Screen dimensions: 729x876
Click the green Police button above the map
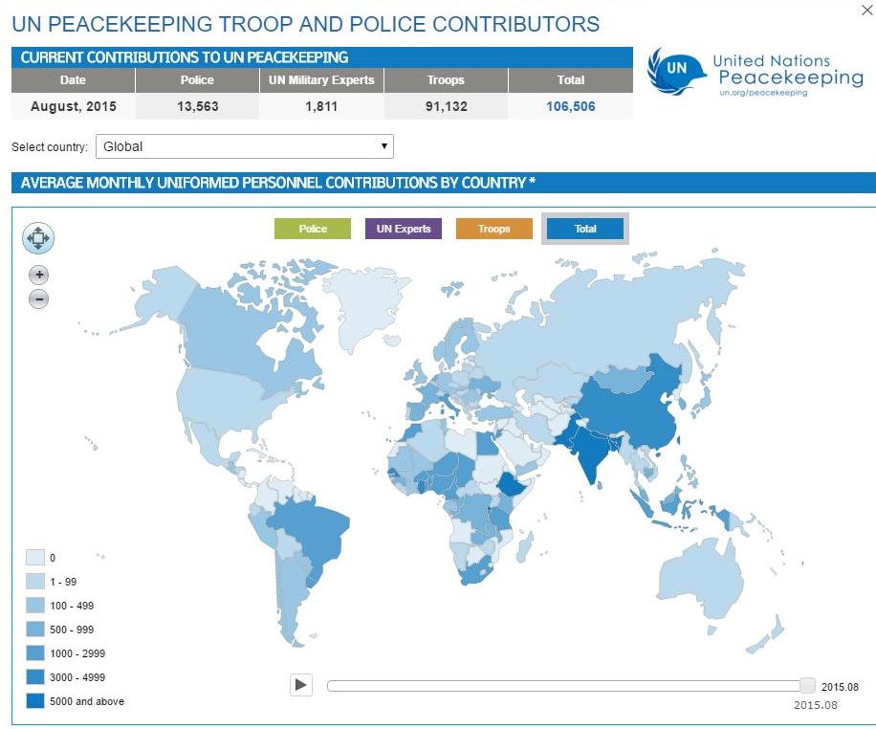(x=313, y=229)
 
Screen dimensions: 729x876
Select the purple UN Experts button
(x=403, y=229)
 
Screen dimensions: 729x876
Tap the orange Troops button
(x=494, y=229)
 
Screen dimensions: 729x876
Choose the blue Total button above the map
(x=585, y=229)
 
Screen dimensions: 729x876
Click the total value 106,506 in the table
(x=570, y=106)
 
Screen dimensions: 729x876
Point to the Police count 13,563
(x=197, y=106)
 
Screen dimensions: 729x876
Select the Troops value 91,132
(x=446, y=106)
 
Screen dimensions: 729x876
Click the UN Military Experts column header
(x=321, y=80)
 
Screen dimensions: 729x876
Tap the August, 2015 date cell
(x=73, y=106)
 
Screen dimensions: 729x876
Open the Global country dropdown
(x=245, y=147)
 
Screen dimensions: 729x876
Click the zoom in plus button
(x=38, y=276)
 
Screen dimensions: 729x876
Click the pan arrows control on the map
(x=38, y=238)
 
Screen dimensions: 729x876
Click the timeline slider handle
(x=807, y=685)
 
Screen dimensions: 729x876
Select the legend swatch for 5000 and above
(x=35, y=701)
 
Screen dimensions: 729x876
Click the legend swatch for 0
(x=35, y=558)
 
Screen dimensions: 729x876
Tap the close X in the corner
(x=866, y=11)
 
